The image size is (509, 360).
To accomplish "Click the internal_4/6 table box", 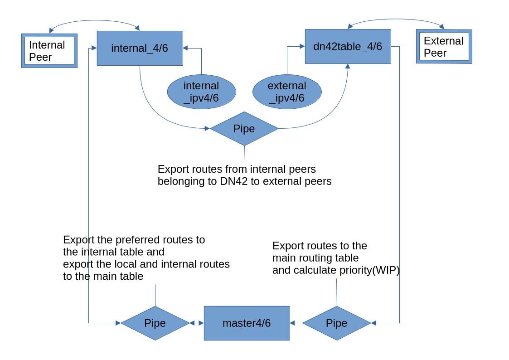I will (140, 48).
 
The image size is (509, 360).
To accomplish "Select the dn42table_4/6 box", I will (348, 46).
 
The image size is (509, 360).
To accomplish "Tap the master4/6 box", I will (247, 323).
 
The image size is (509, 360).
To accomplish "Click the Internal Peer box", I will (49, 51).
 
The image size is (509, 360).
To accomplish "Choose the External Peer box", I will (444, 47).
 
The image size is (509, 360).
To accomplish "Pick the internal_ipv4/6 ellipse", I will (201, 92).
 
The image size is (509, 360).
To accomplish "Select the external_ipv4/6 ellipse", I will (287, 92).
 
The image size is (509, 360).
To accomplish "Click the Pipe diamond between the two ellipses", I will (244, 129).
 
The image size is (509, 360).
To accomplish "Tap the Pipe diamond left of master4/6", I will (155, 323).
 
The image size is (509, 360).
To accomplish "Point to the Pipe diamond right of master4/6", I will (337, 323).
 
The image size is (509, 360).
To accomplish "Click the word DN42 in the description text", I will (234, 181).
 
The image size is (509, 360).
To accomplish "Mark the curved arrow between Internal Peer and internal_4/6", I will (94, 21).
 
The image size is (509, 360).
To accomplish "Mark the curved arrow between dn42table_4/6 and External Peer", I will (396, 20).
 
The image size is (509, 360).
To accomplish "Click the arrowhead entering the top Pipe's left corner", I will (207, 128).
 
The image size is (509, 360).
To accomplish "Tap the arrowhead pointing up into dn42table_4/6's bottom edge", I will (348, 66).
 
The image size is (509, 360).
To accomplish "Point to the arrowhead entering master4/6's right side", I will (292, 323).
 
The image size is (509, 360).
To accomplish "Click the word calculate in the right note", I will (315, 270).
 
